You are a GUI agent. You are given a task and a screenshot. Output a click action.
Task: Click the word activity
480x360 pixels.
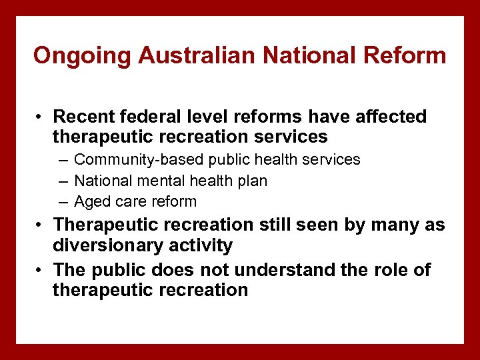[x=202, y=245]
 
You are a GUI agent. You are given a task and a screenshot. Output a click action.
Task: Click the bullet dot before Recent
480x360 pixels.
[x=41, y=117]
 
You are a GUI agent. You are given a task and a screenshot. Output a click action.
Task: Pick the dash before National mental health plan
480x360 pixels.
[x=63, y=181]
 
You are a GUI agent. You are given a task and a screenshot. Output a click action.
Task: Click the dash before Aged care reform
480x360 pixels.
[x=63, y=202]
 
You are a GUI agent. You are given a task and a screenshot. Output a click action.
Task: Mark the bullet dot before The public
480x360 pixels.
[x=41, y=271]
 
